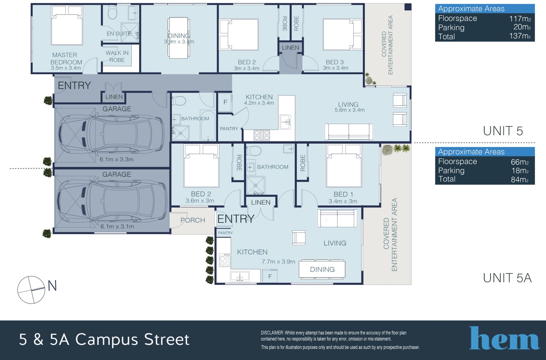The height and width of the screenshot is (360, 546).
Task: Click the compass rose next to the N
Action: (x=31, y=290)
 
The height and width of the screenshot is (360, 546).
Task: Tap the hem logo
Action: (x=504, y=338)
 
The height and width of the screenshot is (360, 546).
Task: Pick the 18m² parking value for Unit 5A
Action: (x=520, y=170)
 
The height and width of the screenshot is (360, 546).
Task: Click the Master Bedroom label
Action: (x=66, y=59)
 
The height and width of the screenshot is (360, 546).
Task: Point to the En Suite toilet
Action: (x=113, y=13)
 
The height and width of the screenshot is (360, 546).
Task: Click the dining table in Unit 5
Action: (x=179, y=38)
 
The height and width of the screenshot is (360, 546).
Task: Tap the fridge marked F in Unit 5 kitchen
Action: (x=225, y=102)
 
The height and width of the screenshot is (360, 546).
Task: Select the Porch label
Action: (x=193, y=220)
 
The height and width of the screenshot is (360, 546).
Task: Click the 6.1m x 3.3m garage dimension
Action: (x=116, y=159)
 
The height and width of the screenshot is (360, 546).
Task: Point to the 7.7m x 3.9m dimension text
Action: (x=278, y=262)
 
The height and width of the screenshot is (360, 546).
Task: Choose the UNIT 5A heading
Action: (x=507, y=278)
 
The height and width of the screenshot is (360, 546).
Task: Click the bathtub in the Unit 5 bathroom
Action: (x=208, y=125)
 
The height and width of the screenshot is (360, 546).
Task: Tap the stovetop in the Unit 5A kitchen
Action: (x=225, y=260)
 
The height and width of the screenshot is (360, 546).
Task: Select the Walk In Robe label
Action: (x=117, y=56)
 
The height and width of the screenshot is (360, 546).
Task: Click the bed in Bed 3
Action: (x=343, y=34)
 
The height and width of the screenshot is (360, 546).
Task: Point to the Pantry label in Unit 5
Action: (x=229, y=129)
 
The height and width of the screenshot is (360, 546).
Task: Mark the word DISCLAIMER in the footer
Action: (x=272, y=333)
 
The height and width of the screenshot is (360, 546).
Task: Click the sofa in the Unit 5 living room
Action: (x=349, y=132)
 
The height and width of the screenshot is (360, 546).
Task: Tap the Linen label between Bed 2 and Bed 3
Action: (x=290, y=47)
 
